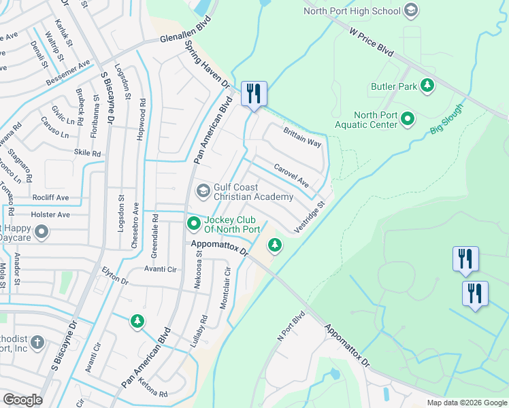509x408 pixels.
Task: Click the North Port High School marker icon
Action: (410, 10)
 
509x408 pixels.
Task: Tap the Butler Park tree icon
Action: (427, 86)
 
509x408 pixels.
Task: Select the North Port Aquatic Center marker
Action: (408, 119)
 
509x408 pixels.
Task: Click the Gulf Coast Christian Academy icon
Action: (203, 191)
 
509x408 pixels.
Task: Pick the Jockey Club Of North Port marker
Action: (194, 222)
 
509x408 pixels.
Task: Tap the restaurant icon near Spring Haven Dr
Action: (254, 94)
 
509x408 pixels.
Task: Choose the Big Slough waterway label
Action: (446, 119)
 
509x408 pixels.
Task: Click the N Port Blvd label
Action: (289, 328)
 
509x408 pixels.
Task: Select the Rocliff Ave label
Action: (50, 197)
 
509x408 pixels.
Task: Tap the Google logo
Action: (22, 400)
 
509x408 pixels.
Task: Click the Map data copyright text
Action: (466, 403)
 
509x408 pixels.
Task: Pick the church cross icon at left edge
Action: (38, 341)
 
